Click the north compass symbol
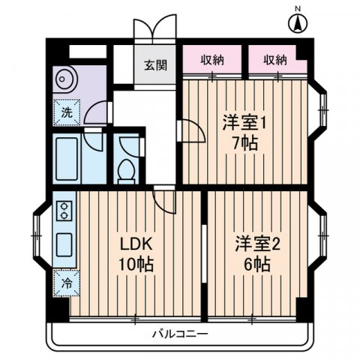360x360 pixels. tap(298, 21)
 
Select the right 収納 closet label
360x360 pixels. tap(275, 60)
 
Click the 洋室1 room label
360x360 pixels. tap(243, 123)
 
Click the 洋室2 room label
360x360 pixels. tap(256, 244)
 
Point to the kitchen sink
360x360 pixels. tap(64, 244)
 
